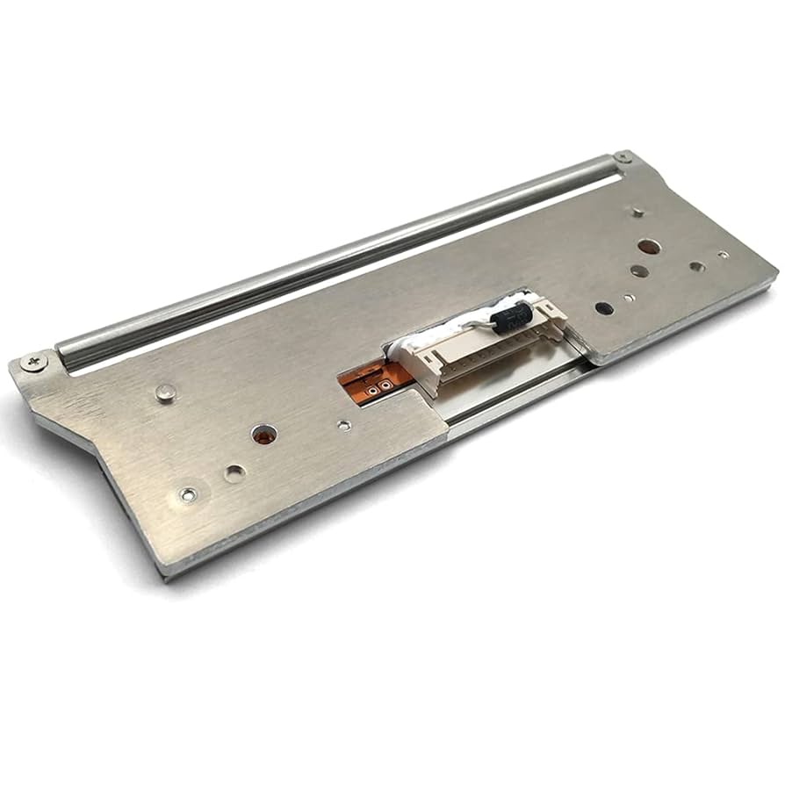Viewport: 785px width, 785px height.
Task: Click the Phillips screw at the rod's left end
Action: click(x=34, y=361)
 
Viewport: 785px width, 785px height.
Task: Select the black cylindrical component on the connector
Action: click(x=512, y=316)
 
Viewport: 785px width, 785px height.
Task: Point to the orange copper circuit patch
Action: click(x=373, y=378)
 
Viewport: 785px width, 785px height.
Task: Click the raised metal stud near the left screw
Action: click(x=165, y=392)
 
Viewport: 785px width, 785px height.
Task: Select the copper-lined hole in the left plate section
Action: click(x=263, y=434)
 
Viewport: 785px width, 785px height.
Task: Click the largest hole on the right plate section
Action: click(x=648, y=248)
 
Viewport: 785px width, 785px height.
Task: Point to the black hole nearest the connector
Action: click(x=603, y=308)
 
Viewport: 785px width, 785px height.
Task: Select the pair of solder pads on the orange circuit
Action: click(x=378, y=385)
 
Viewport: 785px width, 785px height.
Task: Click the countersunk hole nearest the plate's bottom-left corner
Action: click(x=187, y=495)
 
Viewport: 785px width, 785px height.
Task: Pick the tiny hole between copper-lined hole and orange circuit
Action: click(x=344, y=425)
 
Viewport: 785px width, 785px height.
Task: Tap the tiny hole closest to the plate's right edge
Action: click(x=723, y=255)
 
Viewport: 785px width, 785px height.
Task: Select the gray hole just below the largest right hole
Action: click(x=639, y=270)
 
